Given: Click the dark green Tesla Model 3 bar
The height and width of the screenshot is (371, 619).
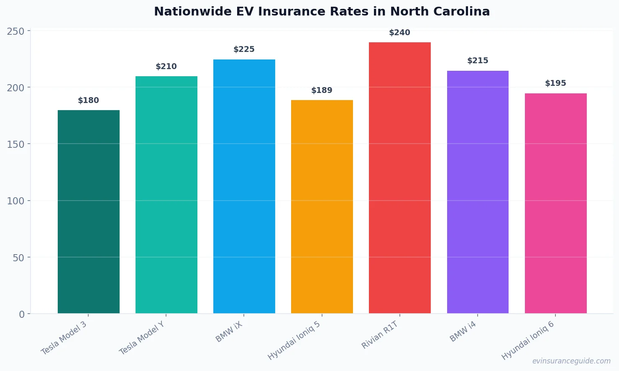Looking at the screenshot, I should pyautogui.click(x=89, y=211).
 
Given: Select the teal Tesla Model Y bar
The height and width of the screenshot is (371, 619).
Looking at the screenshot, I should pyautogui.click(x=166, y=195).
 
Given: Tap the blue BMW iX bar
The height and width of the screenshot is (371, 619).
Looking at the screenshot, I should pyautogui.click(x=244, y=186).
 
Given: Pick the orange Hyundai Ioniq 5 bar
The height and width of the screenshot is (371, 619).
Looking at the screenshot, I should pyautogui.click(x=322, y=206).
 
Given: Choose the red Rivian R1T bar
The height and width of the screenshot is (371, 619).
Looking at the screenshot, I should pyautogui.click(x=400, y=178).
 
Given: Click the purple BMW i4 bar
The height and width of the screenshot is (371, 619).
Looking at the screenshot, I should pyautogui.click(x=478, y=192).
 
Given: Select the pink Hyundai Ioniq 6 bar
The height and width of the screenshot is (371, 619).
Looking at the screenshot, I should pyautogui.click(x=555, y=203).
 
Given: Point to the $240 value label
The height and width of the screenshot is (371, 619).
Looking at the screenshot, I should pyautogui.click(x=399, y=33).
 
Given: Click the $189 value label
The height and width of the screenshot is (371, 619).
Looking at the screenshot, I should pyautogui.click(x=322, y=90).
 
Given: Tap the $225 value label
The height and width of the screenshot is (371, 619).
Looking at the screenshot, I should pyautogui.click(x=244, y=49).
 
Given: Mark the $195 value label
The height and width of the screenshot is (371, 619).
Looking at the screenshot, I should pyautogui.click(x=555, y=83).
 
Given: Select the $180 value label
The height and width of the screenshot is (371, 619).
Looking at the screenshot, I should pyautogui.click(x=88, y=100).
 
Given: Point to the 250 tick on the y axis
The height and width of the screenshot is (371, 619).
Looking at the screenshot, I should pyautogui.click(x=15, y=31).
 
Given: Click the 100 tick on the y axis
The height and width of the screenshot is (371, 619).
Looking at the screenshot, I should pyautogui.click(x=15, y=201).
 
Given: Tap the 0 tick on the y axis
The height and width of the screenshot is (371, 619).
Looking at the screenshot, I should pyautogui.click(x=22, y=314).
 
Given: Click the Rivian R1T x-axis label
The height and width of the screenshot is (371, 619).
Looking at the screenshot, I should pyautogui.click(x=380, y=335).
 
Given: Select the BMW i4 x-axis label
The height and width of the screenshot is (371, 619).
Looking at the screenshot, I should pyautogui.click(x=463, y=332).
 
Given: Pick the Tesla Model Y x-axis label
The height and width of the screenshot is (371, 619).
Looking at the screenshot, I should pyautogui.click(x=142, y=338).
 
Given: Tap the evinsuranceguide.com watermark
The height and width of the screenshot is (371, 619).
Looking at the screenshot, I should pyautogui.click(x=571, y=361).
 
